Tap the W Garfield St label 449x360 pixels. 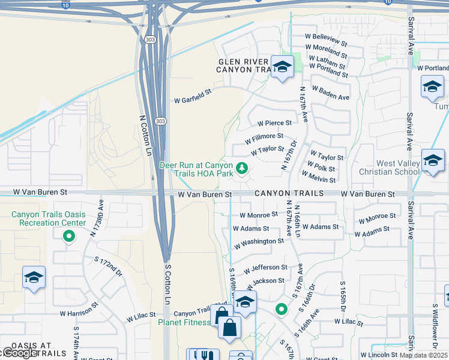pos(193,101)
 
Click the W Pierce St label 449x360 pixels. pos(274,123)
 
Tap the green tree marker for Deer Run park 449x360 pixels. pos(243,169)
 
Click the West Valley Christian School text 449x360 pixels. pos(398,167)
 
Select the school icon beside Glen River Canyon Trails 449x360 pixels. pos(281,68)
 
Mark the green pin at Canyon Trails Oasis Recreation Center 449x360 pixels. pos(69,236)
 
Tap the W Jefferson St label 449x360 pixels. pos(265,268)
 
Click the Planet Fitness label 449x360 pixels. pos(184,322)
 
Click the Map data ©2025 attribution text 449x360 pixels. pos(424,355)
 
